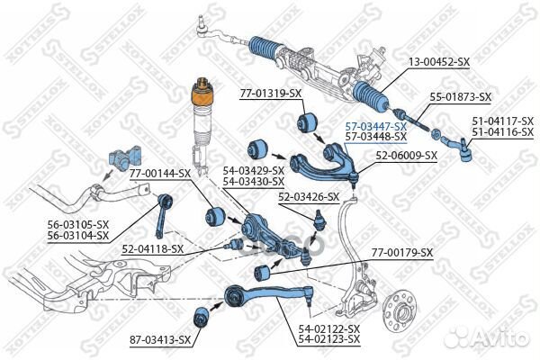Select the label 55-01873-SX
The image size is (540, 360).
pos(459,96)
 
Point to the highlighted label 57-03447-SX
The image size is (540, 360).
pos(375,127)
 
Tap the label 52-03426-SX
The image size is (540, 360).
pos(308,196)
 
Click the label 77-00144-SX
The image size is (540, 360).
pos(159,173)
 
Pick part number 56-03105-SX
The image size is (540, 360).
pos(77,225)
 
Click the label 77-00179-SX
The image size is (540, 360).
pos(401,254)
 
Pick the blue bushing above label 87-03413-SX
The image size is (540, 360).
pos(204,316)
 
